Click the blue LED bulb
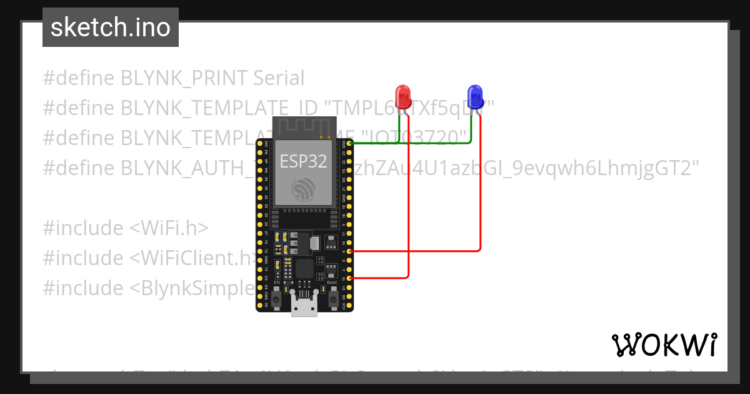476,96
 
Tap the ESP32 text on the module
303,161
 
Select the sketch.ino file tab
111,28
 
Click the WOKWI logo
664,345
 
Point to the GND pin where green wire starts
349,144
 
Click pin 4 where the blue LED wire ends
349,251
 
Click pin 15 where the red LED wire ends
349,278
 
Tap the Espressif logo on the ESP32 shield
304,189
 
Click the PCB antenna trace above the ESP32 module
303,128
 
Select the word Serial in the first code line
279,78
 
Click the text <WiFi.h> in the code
169,228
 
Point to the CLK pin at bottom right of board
349,305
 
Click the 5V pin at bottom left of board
259,305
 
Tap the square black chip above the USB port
304,269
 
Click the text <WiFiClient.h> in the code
194,258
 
